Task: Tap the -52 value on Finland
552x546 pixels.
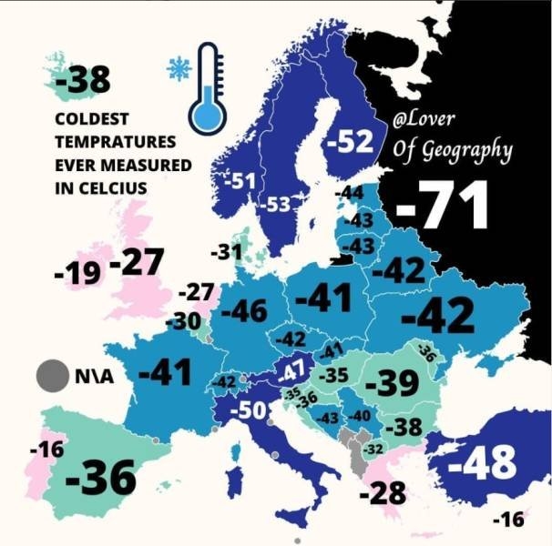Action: click(x=350, y=142)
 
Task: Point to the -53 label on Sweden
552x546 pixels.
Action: click(x=274, y=205)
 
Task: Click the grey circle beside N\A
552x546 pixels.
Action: click(x=51, y=375)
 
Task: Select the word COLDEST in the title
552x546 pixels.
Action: click(x=90, y=120)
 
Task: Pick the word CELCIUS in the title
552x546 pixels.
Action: click(x=116, y=188)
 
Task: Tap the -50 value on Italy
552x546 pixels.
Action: click(x=248, y=410)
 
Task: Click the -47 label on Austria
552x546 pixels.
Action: click(x=292, y=371)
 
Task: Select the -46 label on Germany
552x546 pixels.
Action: click(x=244, y=311)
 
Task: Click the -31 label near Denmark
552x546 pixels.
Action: click(x=226, y=252)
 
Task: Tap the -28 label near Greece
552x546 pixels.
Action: click(x=382, y=494)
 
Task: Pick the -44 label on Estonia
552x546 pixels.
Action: click(x=350, y=193)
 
